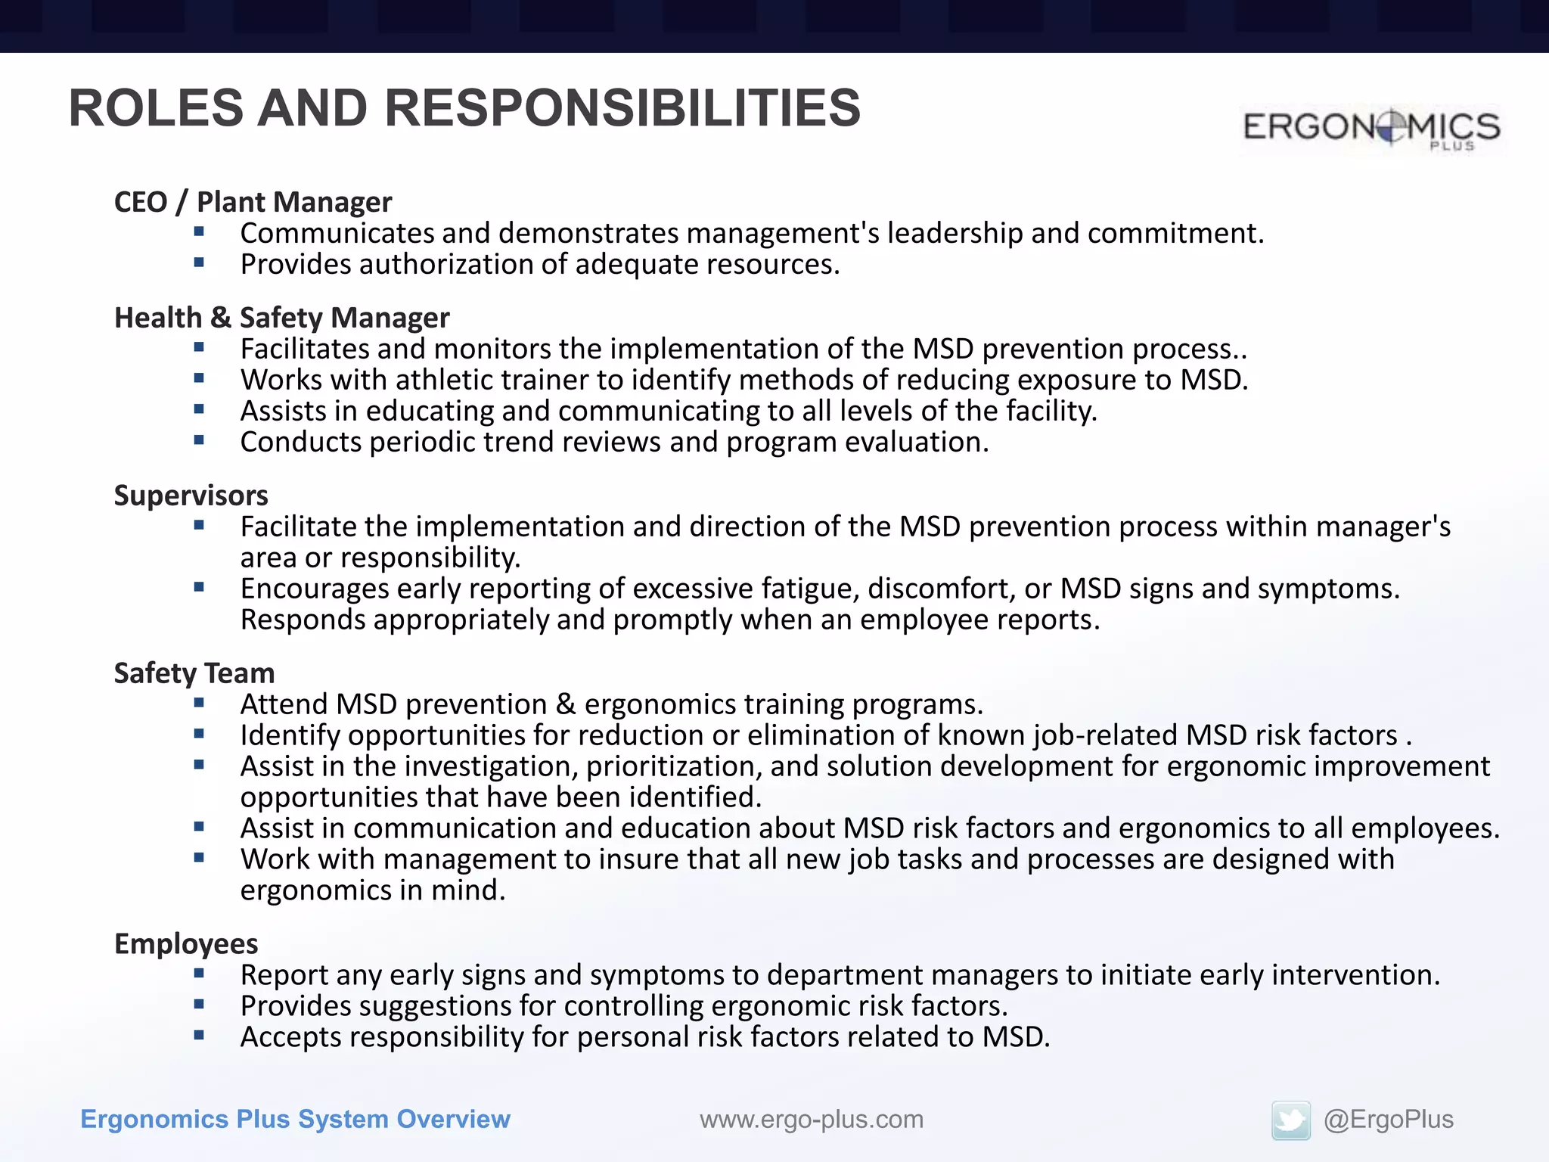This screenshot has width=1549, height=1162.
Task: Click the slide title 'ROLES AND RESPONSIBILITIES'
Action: tap(464, 108)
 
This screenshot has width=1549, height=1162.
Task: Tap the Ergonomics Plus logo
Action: tap(1371, 128)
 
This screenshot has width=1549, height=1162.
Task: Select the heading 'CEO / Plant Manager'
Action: tap(253, 202)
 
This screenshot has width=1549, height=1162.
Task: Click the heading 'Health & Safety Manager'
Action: tap(281, 318)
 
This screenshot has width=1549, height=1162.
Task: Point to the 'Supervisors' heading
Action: tap(191, 496)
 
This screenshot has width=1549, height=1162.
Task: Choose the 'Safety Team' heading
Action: tap(194, 673)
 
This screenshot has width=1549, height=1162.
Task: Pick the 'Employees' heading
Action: tap(186, 944)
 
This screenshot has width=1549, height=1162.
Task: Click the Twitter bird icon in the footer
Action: tap(1290, 1120)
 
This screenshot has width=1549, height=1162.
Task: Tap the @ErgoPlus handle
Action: tap(1388, 1120)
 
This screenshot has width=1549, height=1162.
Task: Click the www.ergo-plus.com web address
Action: tap(812, 1120)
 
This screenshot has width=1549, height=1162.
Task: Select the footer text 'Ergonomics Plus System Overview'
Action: tap(295, 1120)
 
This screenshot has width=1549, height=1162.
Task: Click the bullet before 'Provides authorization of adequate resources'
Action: tap(199, 263)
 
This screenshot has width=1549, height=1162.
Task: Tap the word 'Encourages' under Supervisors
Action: tap(314, 589)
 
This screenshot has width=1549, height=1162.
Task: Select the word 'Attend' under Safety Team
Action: tap(284, 704)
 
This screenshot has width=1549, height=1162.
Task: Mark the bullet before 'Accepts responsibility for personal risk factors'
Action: tap(199, 1036)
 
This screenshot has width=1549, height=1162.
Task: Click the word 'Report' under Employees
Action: tap(284, 975)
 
